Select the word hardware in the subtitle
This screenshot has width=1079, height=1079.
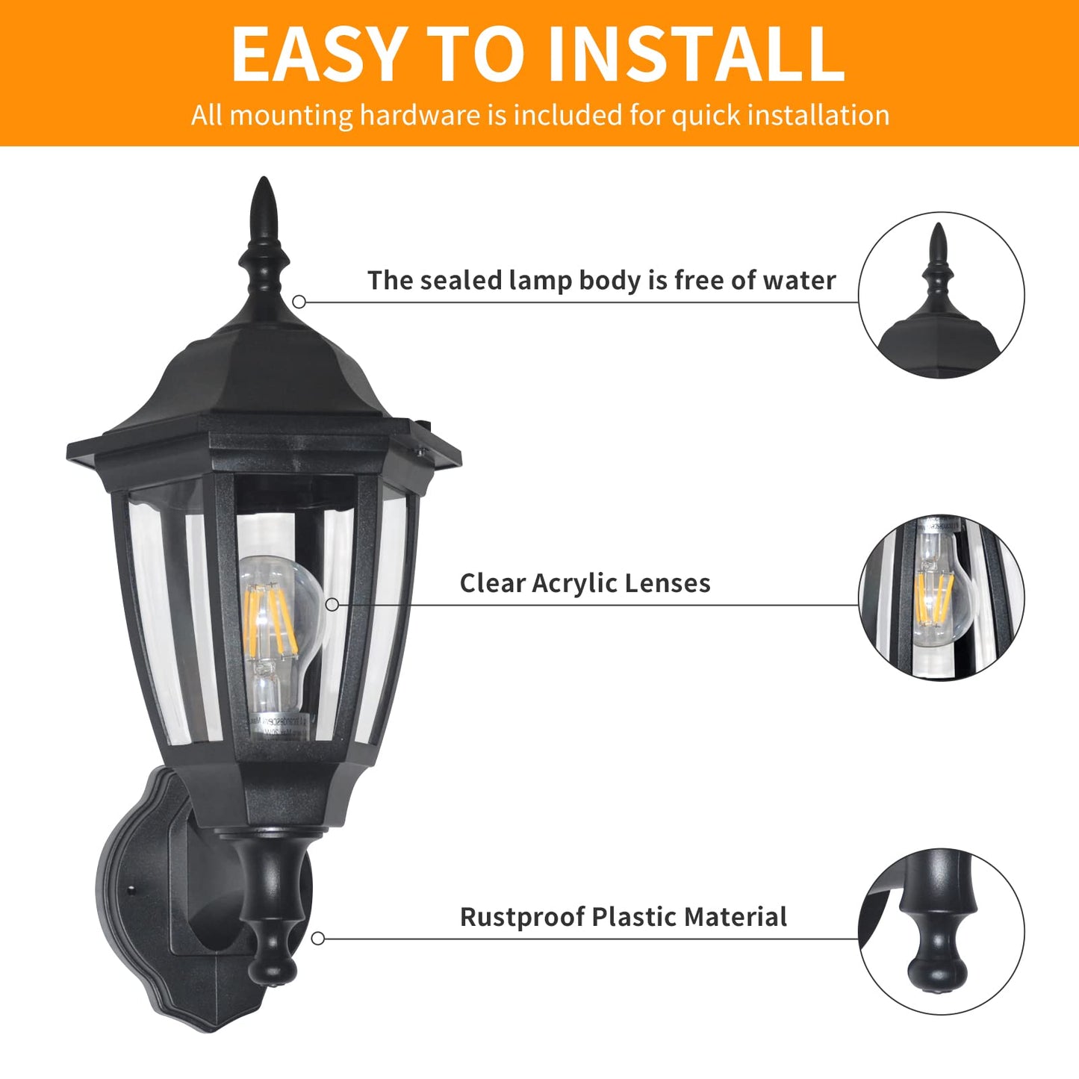420,115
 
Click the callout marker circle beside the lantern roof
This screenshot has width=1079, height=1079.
299,302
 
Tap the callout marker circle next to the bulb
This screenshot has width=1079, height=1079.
332,605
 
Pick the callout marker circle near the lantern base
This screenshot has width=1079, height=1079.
318,939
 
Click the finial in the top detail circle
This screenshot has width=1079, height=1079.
938,269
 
